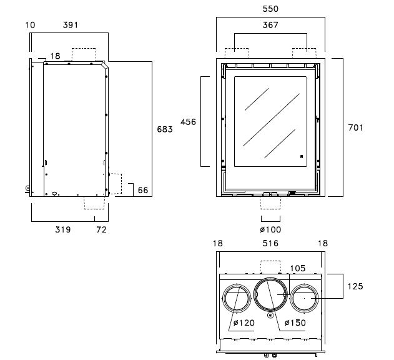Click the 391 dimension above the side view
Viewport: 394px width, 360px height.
click(72, 26)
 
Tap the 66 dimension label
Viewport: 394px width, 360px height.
click(143, 189)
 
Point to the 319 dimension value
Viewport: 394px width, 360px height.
click(62, 229)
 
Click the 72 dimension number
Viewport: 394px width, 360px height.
click(102, 229)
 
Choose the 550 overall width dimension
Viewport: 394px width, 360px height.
click(270, 9)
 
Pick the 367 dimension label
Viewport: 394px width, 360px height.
click(270, 26)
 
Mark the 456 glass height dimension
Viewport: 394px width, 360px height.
click(188, 122)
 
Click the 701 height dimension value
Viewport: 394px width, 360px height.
click(355, 127)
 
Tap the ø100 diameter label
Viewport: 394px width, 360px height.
click(270, 229)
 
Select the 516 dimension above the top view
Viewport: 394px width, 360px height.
click(270, 243)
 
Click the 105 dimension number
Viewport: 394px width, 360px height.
click(298, 268)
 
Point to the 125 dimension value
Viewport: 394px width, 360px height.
click(355, 286)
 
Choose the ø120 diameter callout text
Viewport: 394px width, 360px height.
click(243, 322)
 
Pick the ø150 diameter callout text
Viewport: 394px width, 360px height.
click(295, 322)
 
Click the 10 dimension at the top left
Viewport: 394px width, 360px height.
click(31, 26)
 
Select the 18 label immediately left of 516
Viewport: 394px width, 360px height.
click(217, 243)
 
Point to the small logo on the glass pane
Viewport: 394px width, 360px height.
click(300, 157)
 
